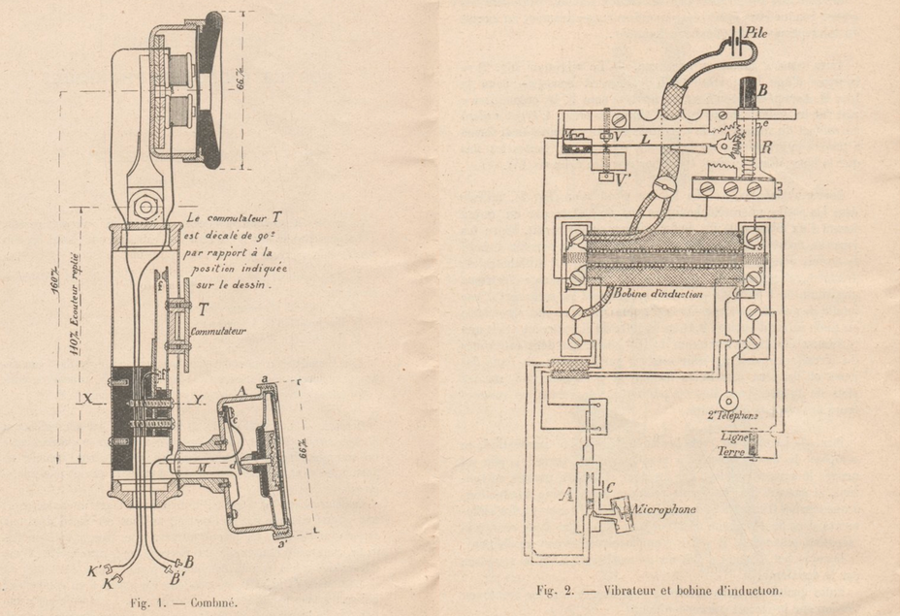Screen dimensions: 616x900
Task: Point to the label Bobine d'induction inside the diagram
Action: tap(658, 292)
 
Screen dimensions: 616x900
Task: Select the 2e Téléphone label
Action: tap(730, 415)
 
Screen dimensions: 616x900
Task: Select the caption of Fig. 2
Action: tap(659, 590)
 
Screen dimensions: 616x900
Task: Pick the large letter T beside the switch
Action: tap(203, 310)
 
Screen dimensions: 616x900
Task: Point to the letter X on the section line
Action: tap(87, 399)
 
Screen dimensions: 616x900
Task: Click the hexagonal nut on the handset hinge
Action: tap(145, 206)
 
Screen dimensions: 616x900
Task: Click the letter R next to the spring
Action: tap(767, 150)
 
